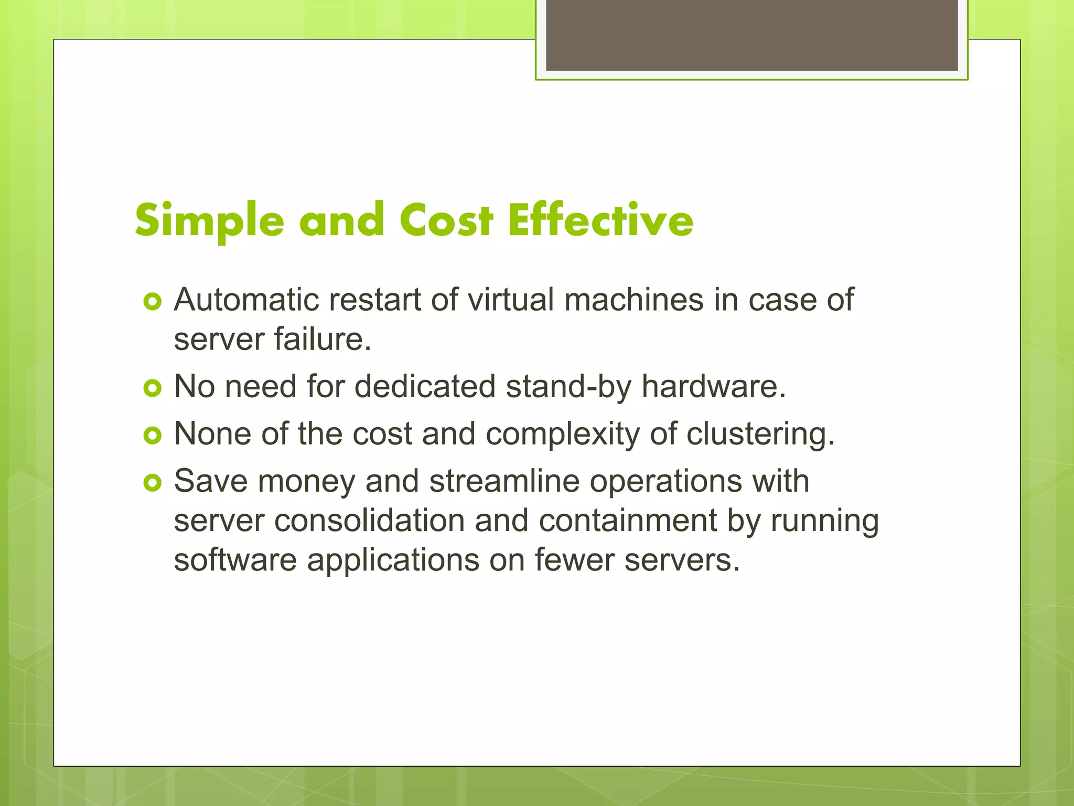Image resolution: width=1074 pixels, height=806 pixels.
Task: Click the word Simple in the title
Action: pyautogui.click(x=209, y=220)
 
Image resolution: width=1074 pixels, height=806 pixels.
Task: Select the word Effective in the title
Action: pyautogui.click(x=600, y=220)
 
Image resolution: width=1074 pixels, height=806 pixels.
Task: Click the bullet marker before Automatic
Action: pyautogui.click(x=152, y=302)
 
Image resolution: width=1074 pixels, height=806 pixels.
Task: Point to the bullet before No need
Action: pyautogui.click(x=152, y=388)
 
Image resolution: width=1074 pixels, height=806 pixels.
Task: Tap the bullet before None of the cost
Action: pyautogui.click(x=152, y=436)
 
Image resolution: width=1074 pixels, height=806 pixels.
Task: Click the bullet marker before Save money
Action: pyautogui.click(x=152, y=483)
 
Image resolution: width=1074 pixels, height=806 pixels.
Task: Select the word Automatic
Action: pyautogui.click(x=246, y=300)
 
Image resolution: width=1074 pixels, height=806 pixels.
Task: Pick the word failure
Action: pyautogui.click(x=323, y=340)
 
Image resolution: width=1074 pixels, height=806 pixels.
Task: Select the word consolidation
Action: pyautogui.click(x=369, y=521)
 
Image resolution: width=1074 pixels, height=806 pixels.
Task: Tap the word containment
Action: pyautogui.click(x=628, y=521)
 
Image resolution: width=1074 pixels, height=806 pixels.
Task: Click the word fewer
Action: pyautogui.click(x=574, y=560)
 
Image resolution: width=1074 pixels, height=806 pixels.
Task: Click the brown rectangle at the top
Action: pyautogui.click(x=751, y=35)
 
